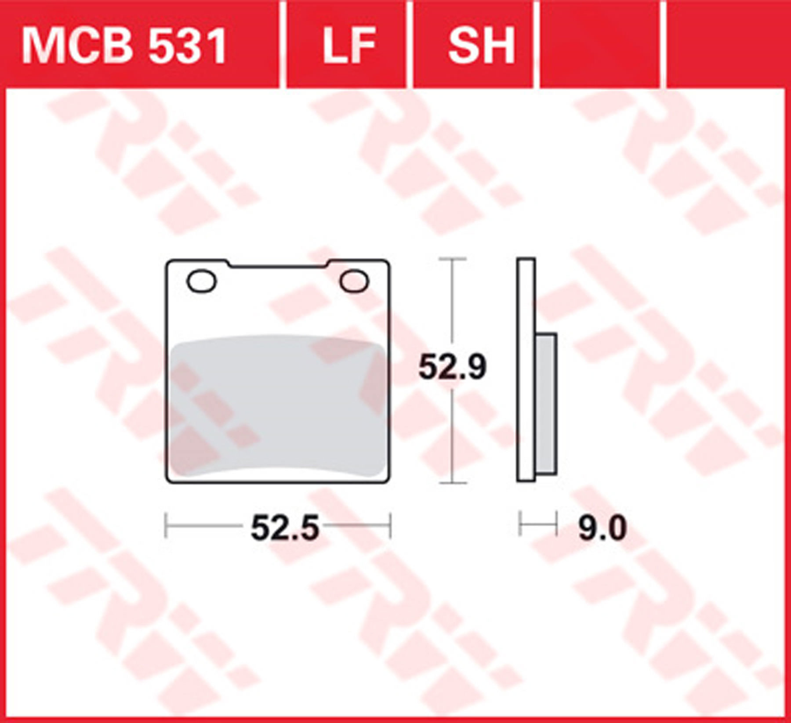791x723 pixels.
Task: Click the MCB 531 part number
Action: [x=124, y=45]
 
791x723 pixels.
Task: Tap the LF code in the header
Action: [x=349, y=45]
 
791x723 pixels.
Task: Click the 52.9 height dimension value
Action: [x=452, y=368]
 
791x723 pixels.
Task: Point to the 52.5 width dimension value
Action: [x=285, y=528]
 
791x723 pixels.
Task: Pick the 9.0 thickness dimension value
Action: [x=602, y=528]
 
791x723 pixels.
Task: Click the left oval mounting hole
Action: [x=202, y=281]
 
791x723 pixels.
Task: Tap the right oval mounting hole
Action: [x=354, y=281]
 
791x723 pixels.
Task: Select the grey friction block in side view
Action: [x=546, y=404]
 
